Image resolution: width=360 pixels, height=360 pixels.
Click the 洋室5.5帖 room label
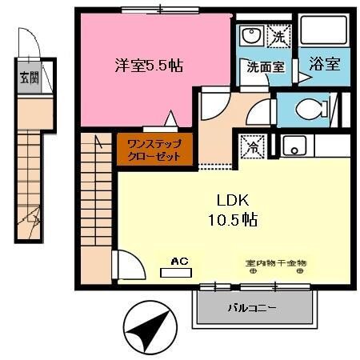tap(148, 66)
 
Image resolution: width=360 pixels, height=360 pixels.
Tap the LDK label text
tap(228, 200)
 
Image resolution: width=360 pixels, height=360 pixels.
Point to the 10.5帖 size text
tap(228, 220)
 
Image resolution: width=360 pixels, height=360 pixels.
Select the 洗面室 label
tap(265, 67)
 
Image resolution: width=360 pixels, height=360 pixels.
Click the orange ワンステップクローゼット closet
tap(155, 150)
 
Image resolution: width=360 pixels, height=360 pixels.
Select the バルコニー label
tap(253, 306)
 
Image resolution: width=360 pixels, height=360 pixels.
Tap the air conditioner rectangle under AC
tap(177, 272)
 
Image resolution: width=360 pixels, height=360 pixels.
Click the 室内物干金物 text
tap(275, 262)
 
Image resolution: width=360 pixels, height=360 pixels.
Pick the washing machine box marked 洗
tap(278, 36)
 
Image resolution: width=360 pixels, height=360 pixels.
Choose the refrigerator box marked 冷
tap(251, 147)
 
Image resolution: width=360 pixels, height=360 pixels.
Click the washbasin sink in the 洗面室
tap(250, 37)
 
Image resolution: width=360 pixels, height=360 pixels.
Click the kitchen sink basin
tap(294, 146)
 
